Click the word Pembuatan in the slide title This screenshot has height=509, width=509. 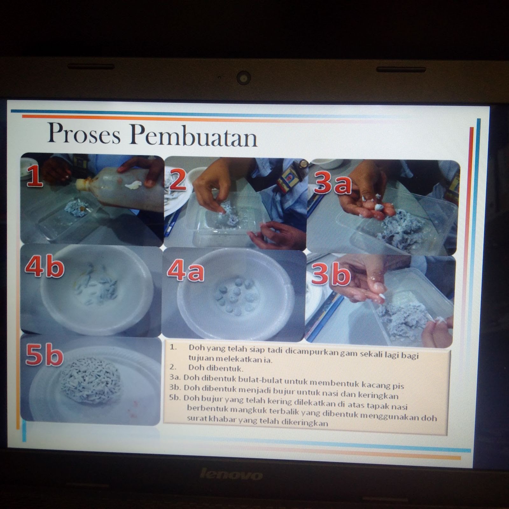(x=193, y=136)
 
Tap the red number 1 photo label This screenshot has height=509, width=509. (x=35, y=177)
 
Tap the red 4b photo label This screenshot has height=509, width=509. (x=45, y=267)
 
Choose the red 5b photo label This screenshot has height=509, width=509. (x=44, y=355)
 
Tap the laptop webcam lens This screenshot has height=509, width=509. (x=244, y=77)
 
